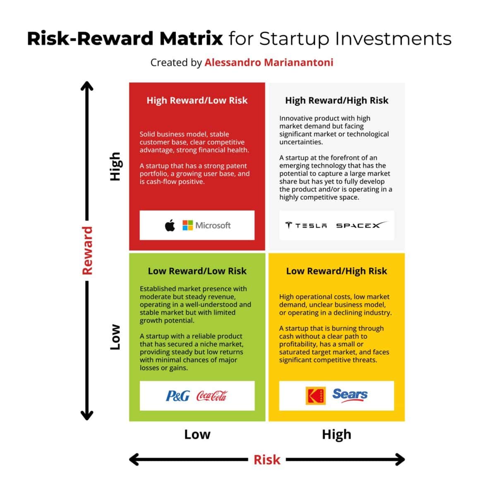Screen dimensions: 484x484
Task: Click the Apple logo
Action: (x=170, y=225)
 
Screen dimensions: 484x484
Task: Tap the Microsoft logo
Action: (x=206, y=225)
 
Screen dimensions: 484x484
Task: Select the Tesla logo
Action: (x=306, y=225)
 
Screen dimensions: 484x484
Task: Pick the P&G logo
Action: (x=177, y=396)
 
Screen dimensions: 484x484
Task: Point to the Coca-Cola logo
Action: (x=211, y=396)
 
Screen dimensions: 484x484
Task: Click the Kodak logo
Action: (x=316, y=396)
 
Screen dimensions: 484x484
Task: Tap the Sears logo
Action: (x=350, y=395)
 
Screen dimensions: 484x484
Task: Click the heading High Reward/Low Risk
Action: (x=197, y=101)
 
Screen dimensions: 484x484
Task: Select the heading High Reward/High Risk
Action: (x=337, y=101)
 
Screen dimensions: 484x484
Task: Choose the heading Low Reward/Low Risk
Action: (x=197, y=271)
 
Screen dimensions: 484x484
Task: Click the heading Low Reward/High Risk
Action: (x=337, y=271)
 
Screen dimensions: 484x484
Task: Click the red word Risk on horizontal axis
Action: (x=267, y=460)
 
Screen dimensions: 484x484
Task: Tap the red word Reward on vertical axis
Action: (x=87, y=251)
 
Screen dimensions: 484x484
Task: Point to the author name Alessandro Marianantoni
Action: (x=269, y=62)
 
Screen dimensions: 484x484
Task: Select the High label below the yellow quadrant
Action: (x=337, y=434)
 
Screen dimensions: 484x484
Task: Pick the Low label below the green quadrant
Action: (x=197, y=434)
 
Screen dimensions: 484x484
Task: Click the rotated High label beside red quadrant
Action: (x=115, y=166)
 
